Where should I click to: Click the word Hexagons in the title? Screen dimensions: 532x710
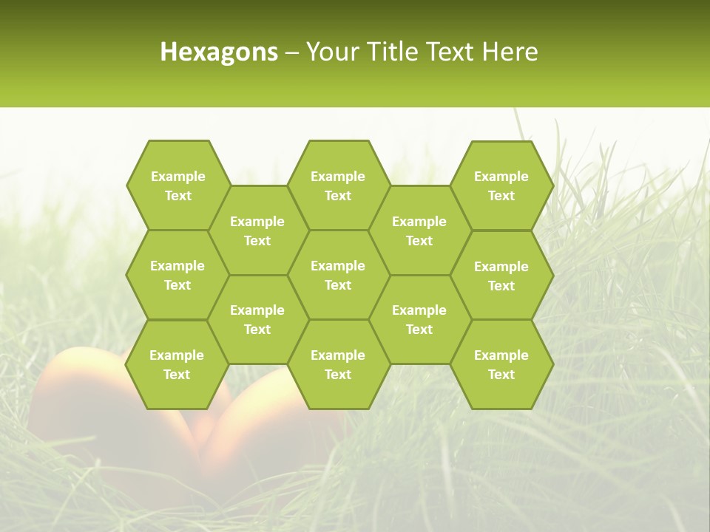(x=219, y=52)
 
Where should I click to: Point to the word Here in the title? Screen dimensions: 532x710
(x=510, y=52)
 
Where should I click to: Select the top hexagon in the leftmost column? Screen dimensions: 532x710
(x=177, y=185)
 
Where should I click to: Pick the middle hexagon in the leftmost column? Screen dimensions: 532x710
(x=177, y=275)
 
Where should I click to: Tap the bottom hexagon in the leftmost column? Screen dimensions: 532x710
(x=177, y=364)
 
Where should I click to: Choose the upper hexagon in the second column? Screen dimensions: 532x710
(x=257, y=231)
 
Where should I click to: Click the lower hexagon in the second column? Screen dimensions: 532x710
(x=257, y=319)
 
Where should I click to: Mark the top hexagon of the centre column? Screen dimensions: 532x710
(x=338, y=185)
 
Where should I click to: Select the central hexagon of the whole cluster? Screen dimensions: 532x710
(x=338, y=275)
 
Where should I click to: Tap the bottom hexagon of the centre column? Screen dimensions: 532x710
(x=338, y=364)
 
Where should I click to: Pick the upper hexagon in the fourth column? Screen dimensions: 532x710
(x=419, y=231)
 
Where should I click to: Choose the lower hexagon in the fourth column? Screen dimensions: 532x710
(x=419, y=319)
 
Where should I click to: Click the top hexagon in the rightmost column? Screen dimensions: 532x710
(x=501, y=185)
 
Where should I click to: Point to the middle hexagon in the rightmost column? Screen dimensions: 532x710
(x=501, y=276)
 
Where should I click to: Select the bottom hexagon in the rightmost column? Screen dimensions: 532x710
(x=501, y=364)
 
